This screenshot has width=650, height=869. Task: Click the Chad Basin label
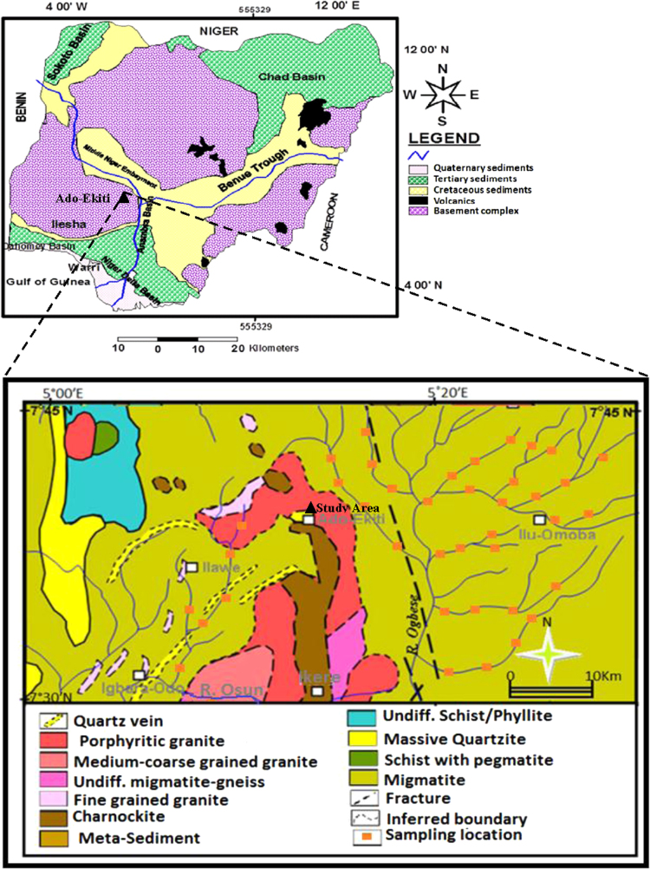(x=292, y=77)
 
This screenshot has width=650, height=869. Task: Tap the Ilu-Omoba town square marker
(x=539, y=519)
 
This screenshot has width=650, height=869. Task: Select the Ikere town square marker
(x=317, y=690)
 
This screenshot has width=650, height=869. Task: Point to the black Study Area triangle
(x=310, y=507)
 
